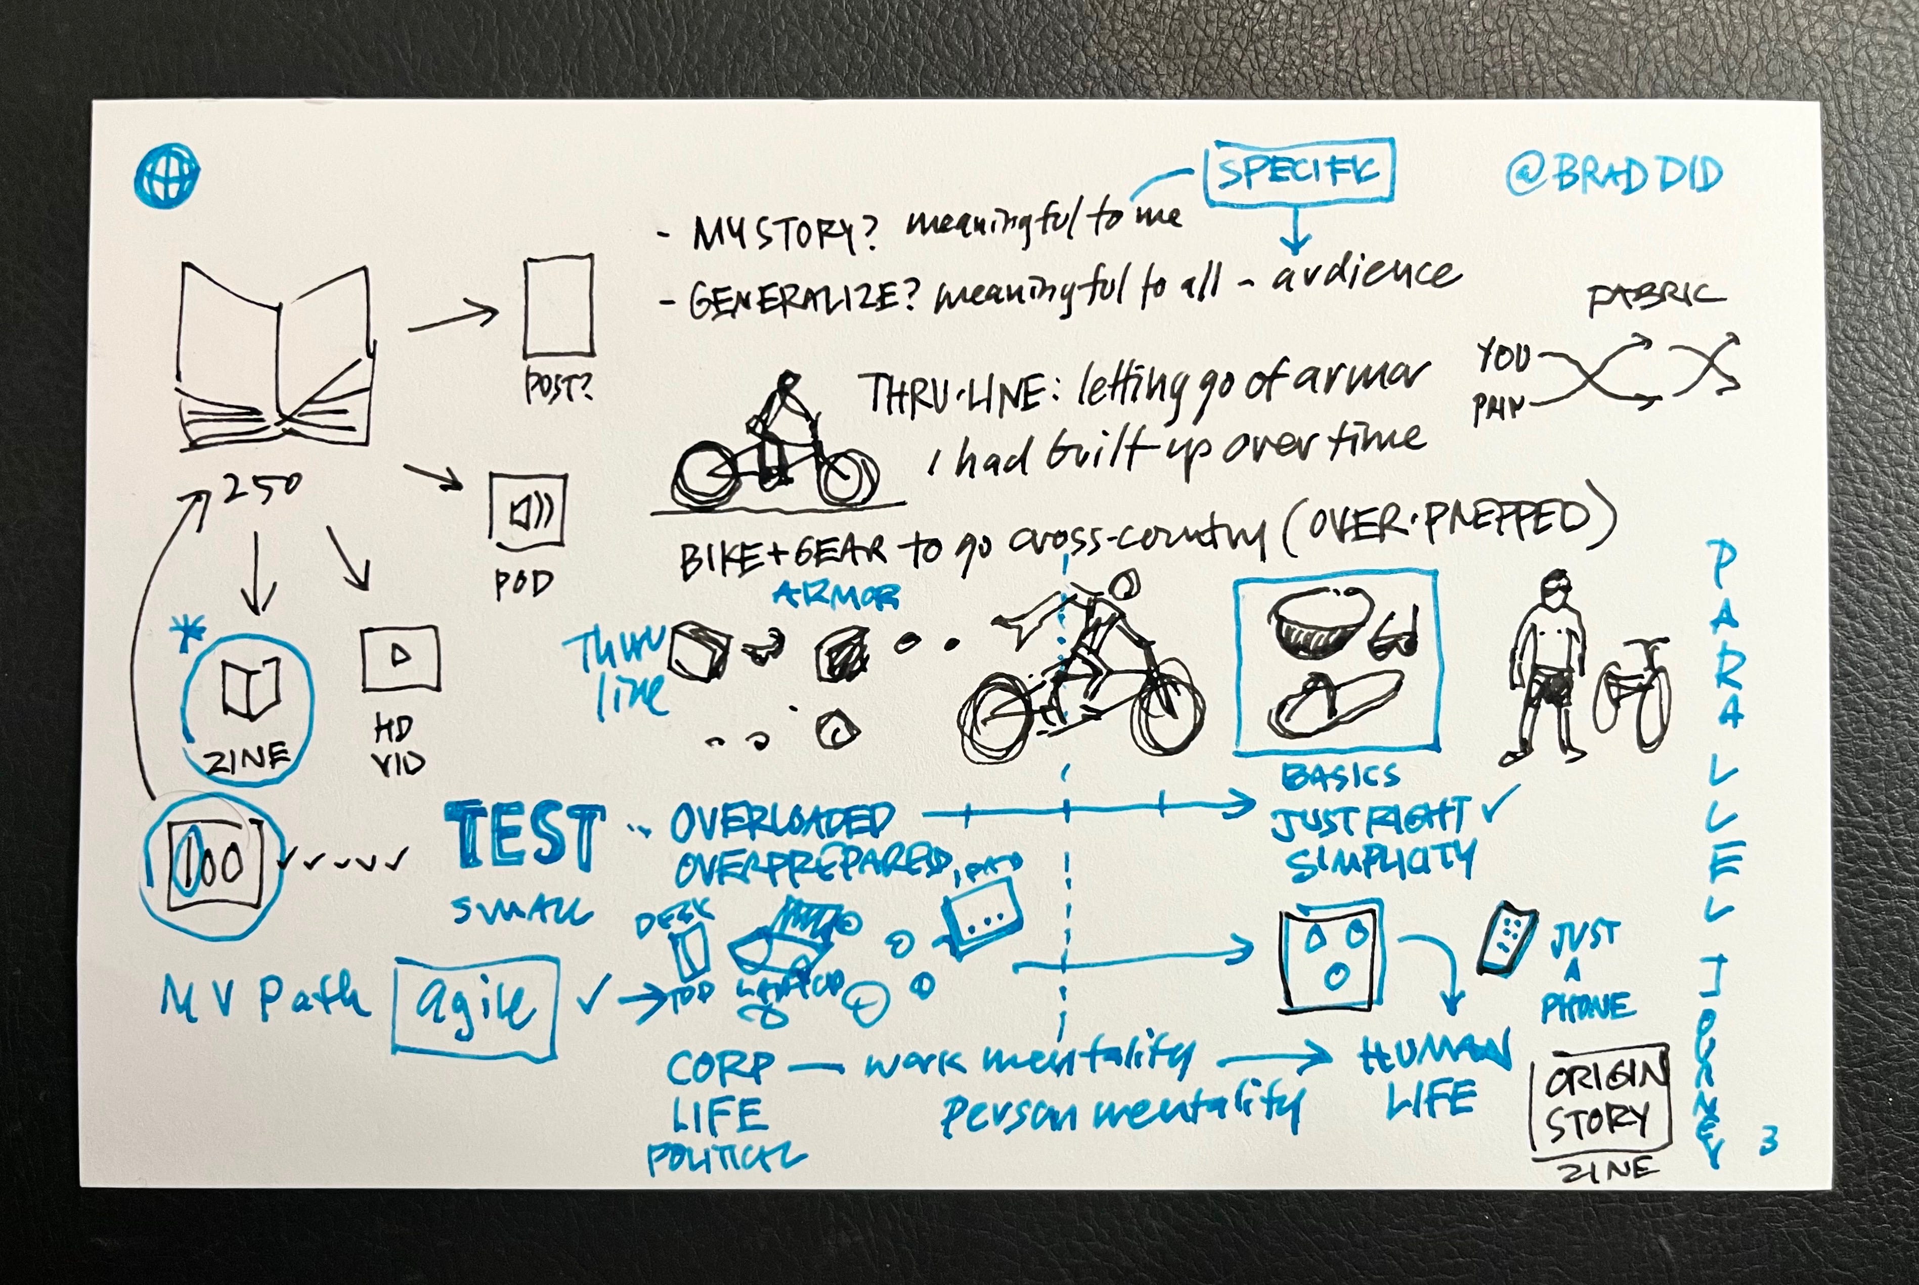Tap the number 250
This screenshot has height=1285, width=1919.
pos(260,489)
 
